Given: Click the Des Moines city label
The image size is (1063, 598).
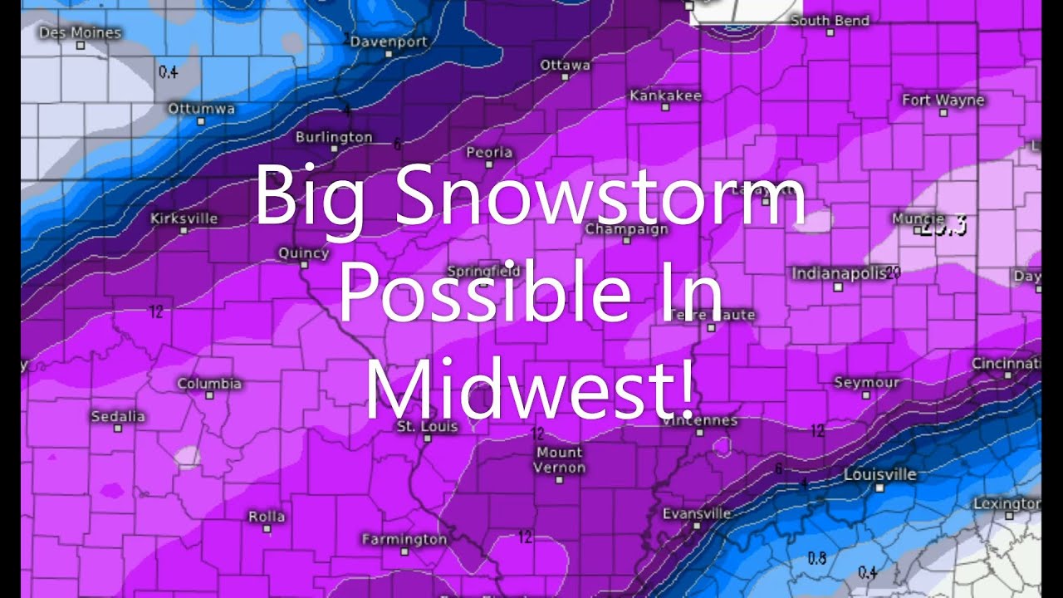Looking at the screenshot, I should [80, 33].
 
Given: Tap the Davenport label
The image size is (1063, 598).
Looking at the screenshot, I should [389, 42].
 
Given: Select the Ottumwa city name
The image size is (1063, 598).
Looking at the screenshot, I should [201, 109].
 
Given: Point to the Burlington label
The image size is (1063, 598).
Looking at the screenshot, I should [334, 137].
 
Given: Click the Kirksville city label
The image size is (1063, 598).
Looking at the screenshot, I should [184, 218].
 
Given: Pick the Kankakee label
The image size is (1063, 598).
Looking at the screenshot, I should [665, 96].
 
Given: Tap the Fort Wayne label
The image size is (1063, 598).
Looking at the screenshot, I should [943, 100].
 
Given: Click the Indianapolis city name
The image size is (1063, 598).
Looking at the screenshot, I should [839, 273].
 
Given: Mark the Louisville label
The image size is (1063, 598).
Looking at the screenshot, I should [879, 475].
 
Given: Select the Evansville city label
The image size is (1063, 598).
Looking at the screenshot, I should [697, 513].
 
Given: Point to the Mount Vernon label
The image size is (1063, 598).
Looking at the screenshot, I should [560, 460].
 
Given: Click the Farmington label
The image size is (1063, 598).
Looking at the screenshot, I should [404, 540].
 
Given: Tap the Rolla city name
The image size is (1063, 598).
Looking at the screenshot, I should [267, 517].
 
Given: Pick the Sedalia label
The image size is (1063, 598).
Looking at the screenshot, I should [118, 416].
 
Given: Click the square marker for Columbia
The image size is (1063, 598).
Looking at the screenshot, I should [209, 395].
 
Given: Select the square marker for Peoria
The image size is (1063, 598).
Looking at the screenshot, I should [489, 165].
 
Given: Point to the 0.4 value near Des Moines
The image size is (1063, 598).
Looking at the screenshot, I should [168, 71].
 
